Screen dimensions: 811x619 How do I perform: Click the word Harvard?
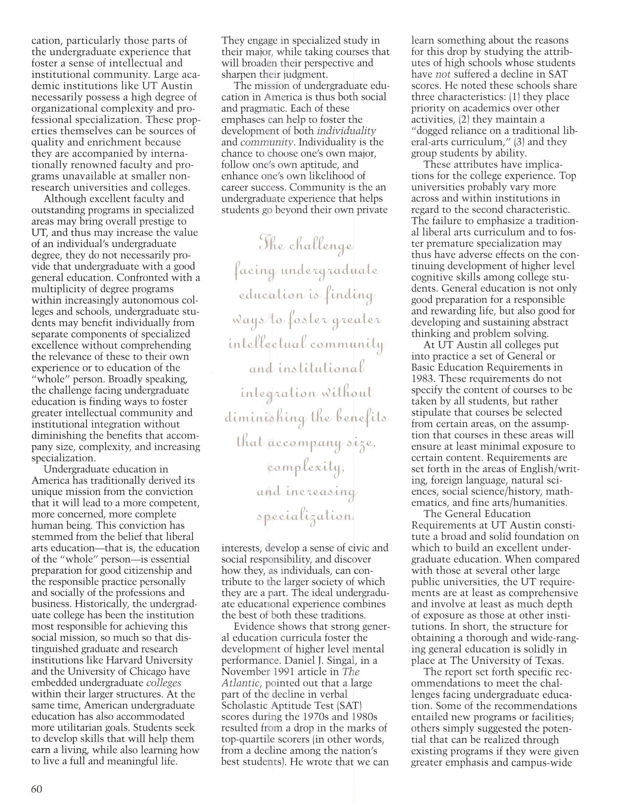pos(125,660)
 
